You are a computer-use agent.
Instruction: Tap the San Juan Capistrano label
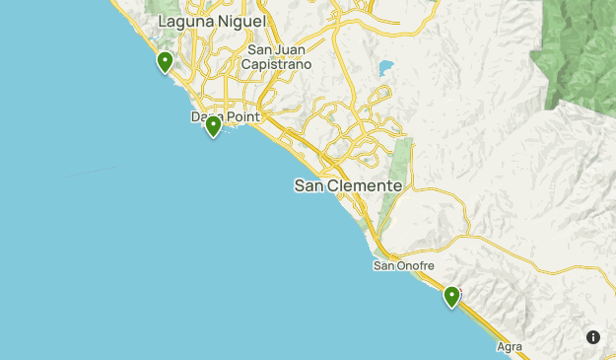coord(279,57)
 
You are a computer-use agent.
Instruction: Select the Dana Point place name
coord(225,117)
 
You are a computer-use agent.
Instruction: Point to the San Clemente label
coord(348,185)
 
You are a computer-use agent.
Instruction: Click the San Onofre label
coord(403,265)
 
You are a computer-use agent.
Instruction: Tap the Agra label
coord(510,347)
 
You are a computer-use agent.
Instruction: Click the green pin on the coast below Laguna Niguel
coord(165,63)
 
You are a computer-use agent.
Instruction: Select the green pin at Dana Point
coord(213,126)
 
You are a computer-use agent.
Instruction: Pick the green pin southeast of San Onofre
coord(451,296)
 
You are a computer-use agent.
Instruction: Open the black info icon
coord(593,337)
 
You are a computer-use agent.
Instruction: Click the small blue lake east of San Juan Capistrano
coord(384,68)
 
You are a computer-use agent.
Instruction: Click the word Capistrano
coord(279,64)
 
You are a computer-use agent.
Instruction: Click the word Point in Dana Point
coord(241,117)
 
